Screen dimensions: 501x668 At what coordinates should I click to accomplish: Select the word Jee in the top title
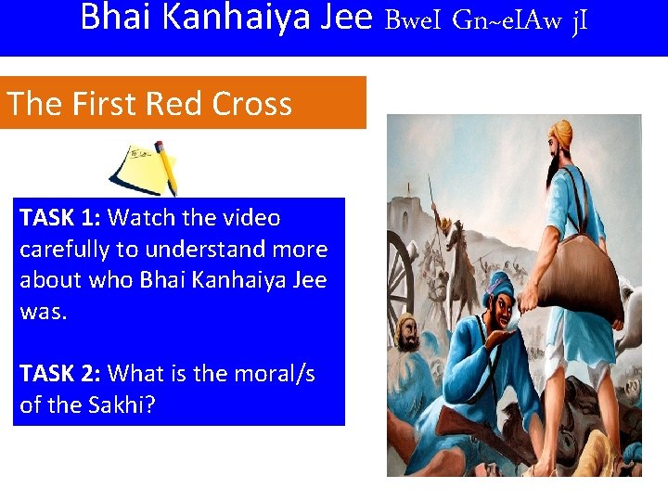[x=341, y=17]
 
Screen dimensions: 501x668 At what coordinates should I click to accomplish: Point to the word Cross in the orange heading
[x=251, y=103]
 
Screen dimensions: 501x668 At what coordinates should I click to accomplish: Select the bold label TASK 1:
[x=61, y=218]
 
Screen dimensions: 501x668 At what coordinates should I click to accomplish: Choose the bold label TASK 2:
[x=61, y=374]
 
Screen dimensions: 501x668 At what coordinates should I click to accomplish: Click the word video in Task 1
[x=249, y=218]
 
